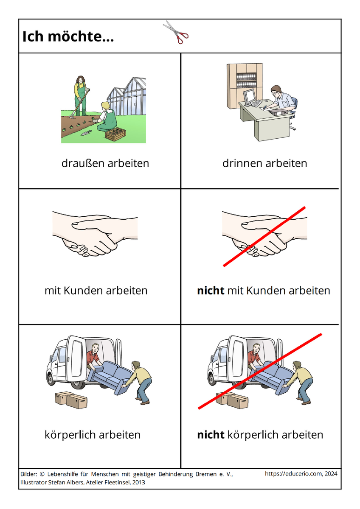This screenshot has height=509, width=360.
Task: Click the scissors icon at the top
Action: tap(176, 32)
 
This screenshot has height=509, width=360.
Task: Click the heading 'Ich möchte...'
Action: tap(68, 36)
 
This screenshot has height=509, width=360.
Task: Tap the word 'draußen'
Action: tap(83, 163)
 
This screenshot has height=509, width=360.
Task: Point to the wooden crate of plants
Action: tap(115, 134)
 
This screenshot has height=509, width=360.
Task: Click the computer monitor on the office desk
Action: tap(250, 96)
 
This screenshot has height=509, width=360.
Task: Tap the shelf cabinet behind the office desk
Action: tap(244, 85)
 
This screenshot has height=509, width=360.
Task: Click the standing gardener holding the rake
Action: tap(81, 96)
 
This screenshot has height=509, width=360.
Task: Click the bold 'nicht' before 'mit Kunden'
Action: tap(211, 291)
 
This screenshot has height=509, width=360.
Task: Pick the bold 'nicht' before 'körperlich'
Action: tap(211, 435)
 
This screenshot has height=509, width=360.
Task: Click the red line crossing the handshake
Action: tap(264, 236)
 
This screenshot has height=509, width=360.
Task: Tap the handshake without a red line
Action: tap(95, 234)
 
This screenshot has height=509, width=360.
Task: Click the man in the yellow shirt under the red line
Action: tap(300, 383)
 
